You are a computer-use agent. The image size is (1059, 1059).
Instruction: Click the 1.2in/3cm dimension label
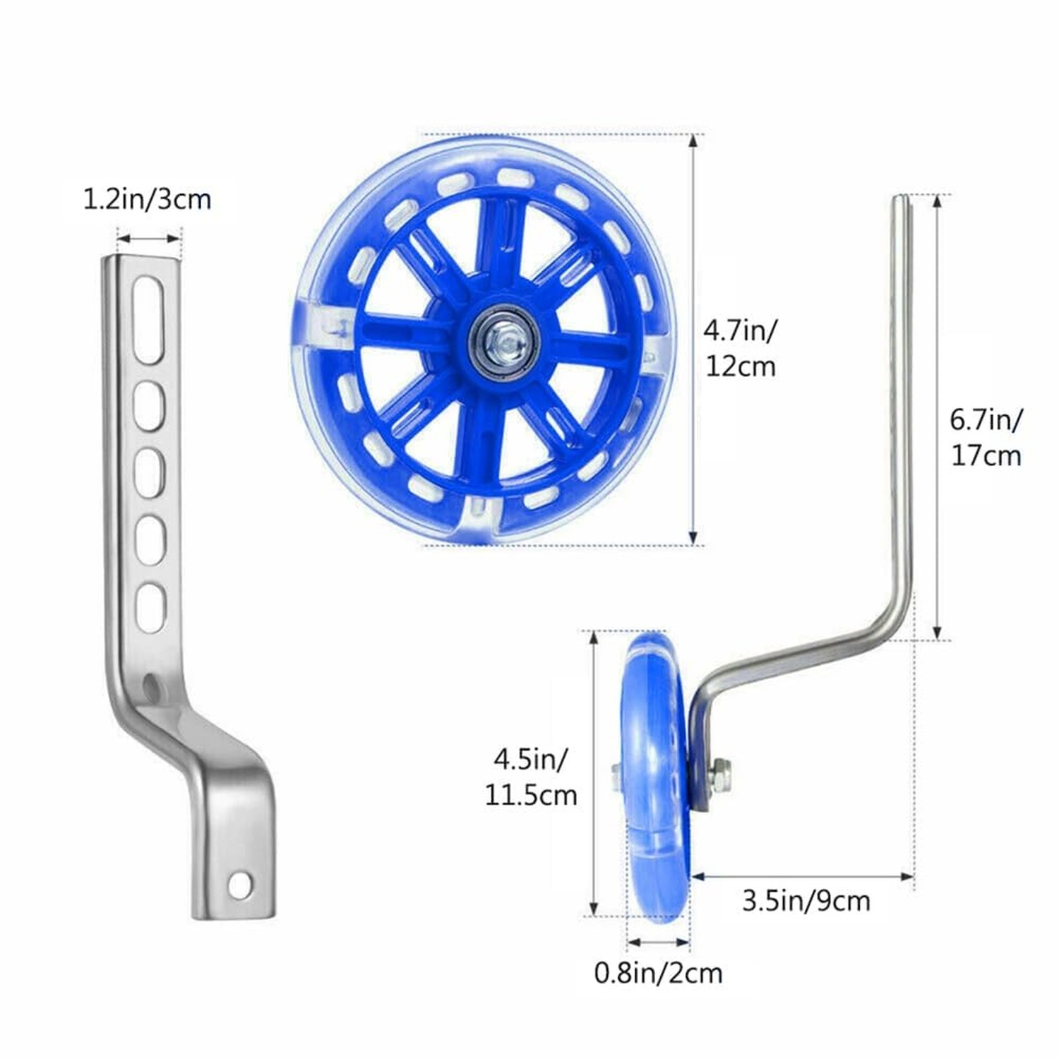pyautogui.click(x=148, y=199)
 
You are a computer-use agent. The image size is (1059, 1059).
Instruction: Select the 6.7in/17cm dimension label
pyautogui.click(x=986, y=438)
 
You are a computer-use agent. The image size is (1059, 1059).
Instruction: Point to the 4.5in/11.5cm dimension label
pyautogui.click(x=530, y=777)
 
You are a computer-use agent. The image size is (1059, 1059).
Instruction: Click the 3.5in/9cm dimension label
pyautogui.click(x=806, y=901)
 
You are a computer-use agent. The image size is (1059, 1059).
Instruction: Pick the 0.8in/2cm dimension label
pyautogui.click(x=658, y=973)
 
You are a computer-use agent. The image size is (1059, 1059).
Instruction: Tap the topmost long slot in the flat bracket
pyautogui.click(x=149, y=320)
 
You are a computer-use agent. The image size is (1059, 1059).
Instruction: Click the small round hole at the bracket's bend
pyautogui.click(x=150, y=683)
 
